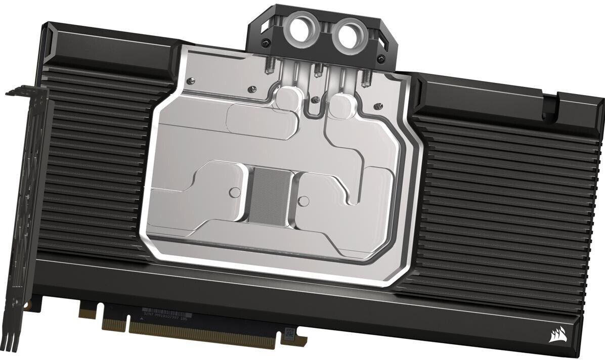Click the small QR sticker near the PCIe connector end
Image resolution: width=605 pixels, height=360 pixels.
point(289,332)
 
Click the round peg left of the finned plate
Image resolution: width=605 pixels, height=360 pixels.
point(234,191)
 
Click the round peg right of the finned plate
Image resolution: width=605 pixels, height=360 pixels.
point(305,194)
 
